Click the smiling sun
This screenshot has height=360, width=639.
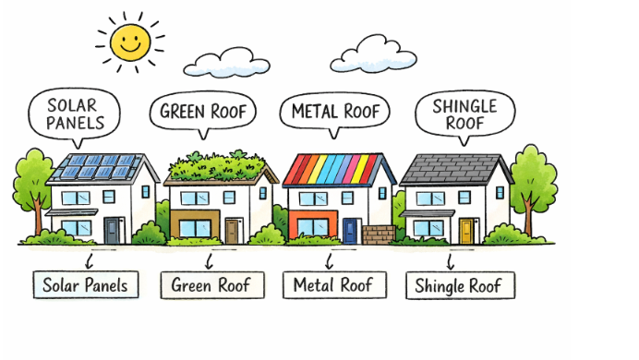(x=128, y=40)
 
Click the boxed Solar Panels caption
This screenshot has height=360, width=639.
(x=85, y=284)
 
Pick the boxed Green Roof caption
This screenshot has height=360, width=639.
(x=211, y=284)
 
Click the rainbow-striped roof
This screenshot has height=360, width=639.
(x=338, y=170)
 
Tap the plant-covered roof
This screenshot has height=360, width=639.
(x=220, y=168)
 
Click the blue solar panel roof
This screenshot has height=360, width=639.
(x=97, y=167)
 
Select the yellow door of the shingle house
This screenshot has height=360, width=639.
(x=467, y=230)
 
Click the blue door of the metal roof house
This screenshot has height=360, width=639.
(x=349, y=230)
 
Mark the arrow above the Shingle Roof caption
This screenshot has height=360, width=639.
(x=451, y=259)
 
